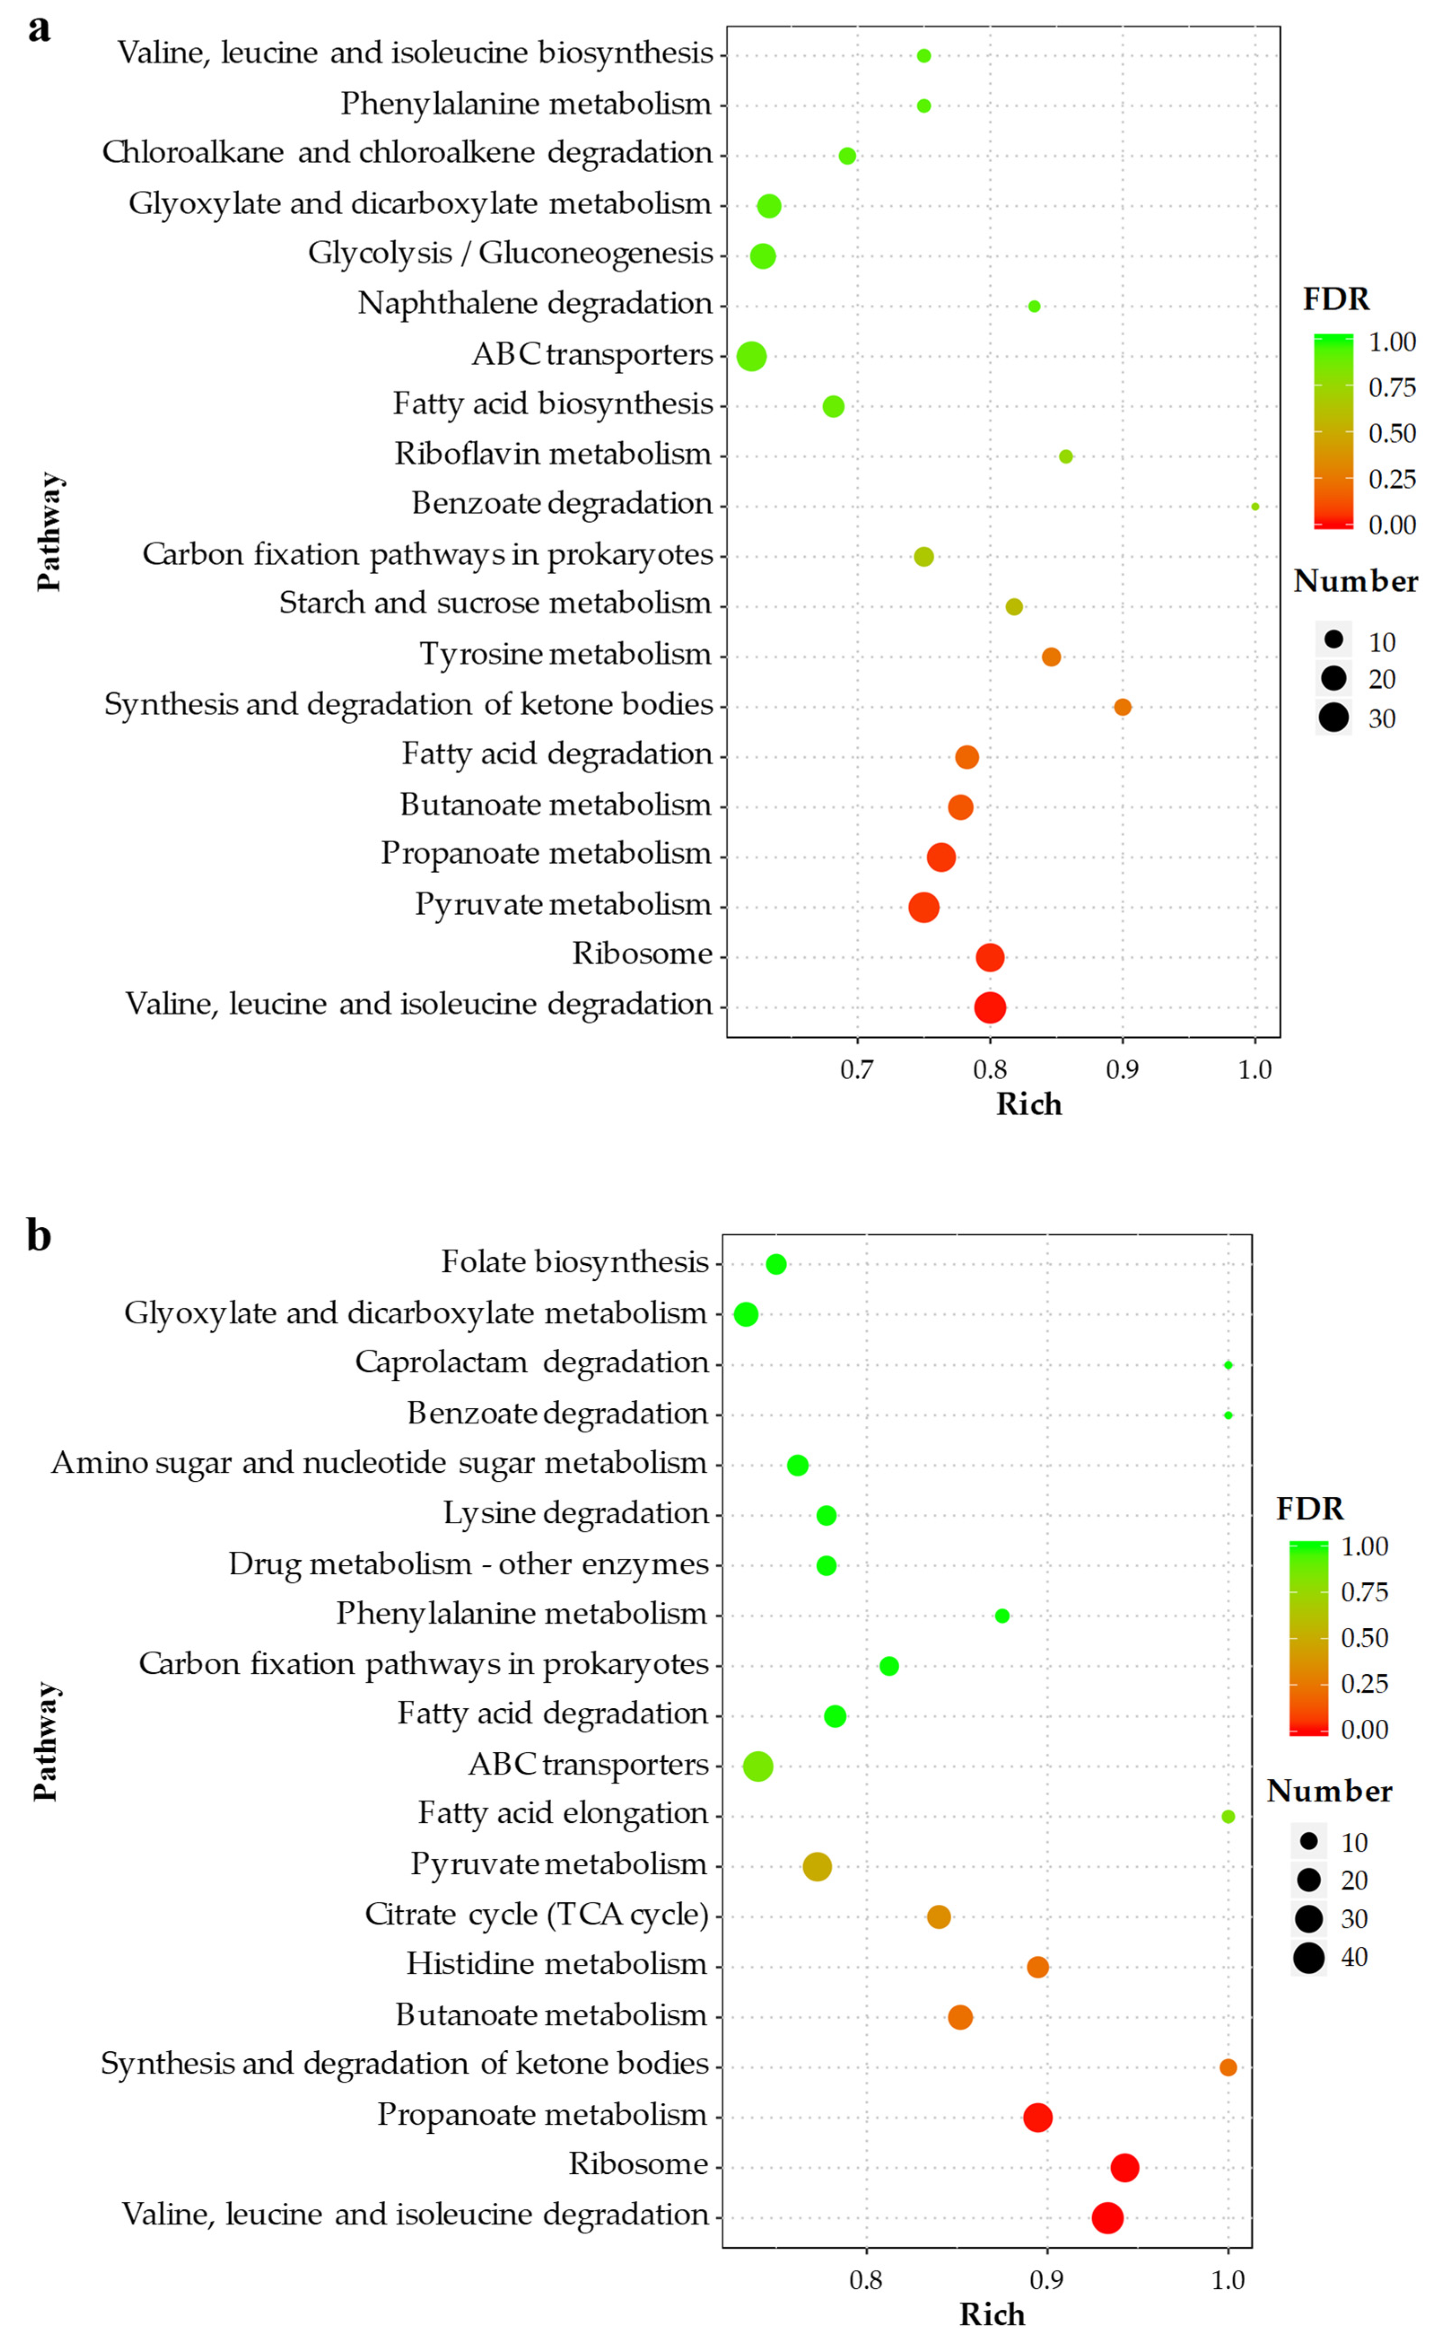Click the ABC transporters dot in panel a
pyautogui.click(x=751, y=356)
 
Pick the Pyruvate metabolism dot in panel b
pyautogui.click(x=817, y=1866)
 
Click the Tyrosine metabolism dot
pyautogui.click(x=1051, y=657)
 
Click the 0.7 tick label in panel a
pyautogui.click(x=856, y=1070)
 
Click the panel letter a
pyautogui.click(x=39, y=29)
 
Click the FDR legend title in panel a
pyautogui.click(x=1336, y=299)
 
